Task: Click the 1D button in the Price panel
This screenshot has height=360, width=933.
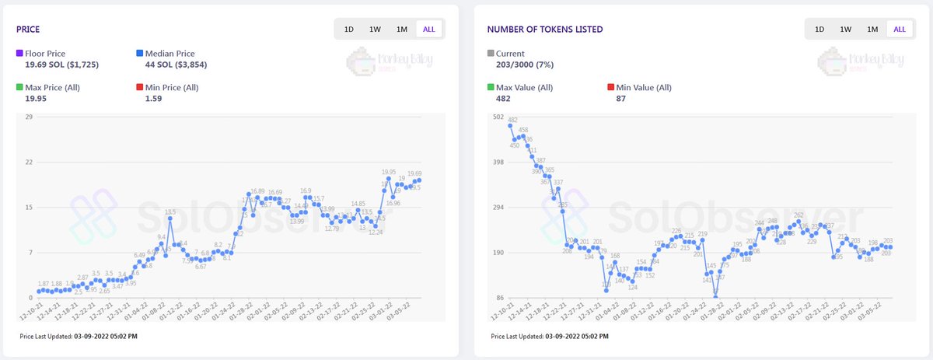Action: pyautogui.click(x=349, y=30)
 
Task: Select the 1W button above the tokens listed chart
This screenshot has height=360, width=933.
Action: pyautogui.click(x=845, y=30)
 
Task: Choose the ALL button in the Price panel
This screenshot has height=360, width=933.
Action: pyautogui.click(x=428, y=30)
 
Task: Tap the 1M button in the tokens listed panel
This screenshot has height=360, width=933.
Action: pyautogui.click(x=872, y=30)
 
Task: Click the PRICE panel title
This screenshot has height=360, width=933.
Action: pyautogui.click(x=29, y=30)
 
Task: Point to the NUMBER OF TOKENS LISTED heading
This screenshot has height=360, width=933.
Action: pyautogui.click(x=544, y=30)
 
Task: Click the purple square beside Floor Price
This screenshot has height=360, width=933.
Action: pyautogui.click(x=20, y=53)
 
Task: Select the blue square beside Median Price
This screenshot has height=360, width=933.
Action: pyautogui.click(x=140, y=53)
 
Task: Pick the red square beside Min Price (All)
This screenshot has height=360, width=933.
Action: pyautogui.click(x=140, y=87)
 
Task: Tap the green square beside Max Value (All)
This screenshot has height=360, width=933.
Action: pyautogui.click(x=491, y=87)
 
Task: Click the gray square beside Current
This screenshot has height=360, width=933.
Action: pyautogui.click(x=491, y=53)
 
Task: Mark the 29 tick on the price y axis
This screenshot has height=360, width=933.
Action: pyautogui.click(x=29, y=117)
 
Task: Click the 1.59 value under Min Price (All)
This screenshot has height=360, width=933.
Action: pyautogui.click(x=152, y=99)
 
